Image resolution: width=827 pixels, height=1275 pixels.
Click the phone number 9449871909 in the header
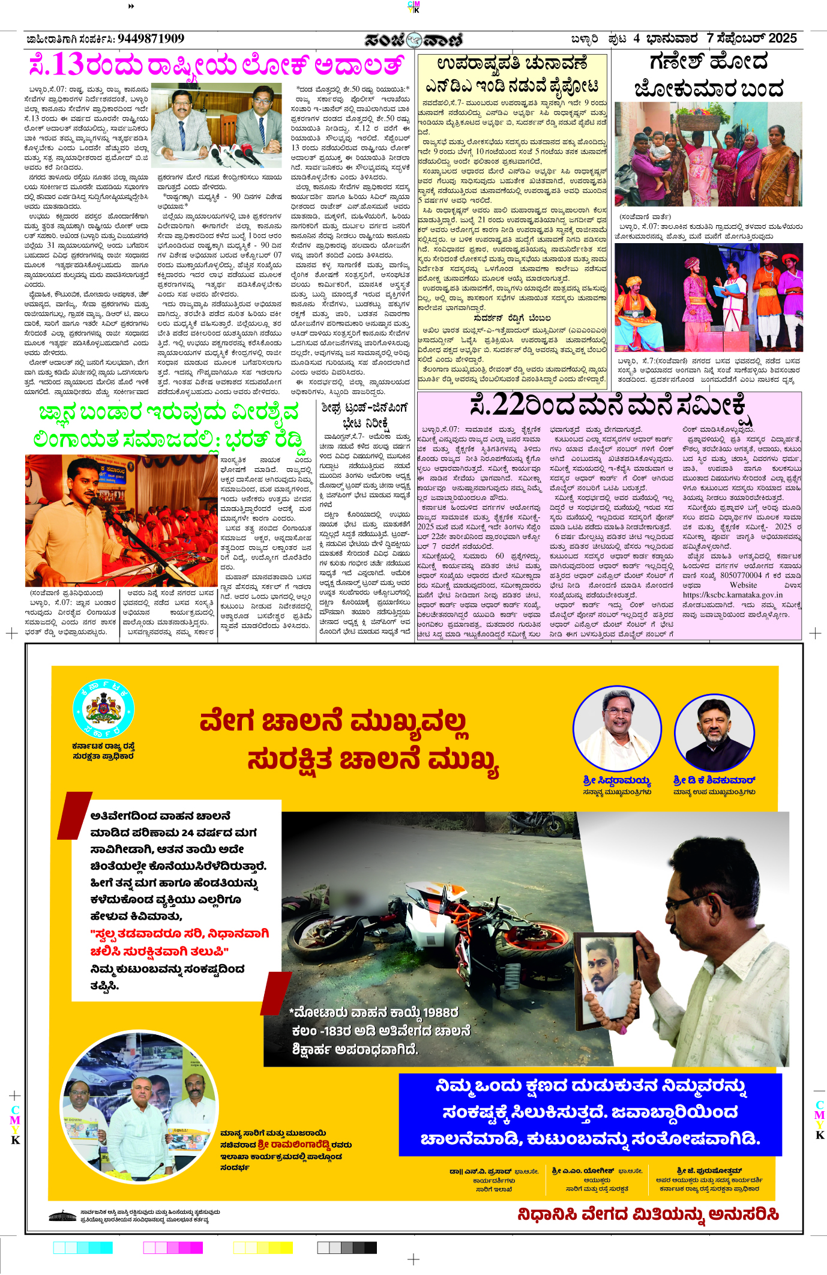pyautogui.click(x=151, y=39)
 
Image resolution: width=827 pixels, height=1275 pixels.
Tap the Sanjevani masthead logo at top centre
pyautogui.click(x=413, y=40)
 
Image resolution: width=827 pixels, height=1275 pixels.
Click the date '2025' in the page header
pyautogui.click(x=782, y=38)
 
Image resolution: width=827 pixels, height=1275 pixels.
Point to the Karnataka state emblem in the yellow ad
pyautogui.click(x=103, y=710)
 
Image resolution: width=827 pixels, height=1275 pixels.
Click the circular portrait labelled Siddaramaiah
pyautogui.click(x=617, y=729)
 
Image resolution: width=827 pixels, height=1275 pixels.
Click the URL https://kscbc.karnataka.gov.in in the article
pyautogui.click(x=732, y=594)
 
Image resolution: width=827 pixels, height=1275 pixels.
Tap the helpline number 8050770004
pyautogui.click(x=741, y=575)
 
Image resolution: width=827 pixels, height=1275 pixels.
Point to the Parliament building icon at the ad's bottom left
pyautogui.click(x=62, y=1216)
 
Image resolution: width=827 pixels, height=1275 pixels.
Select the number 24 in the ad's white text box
pyautogui.click(x=187, y=833)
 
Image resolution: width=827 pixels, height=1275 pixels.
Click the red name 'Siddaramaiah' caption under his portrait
pyautogui.click(x=616, y=780)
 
